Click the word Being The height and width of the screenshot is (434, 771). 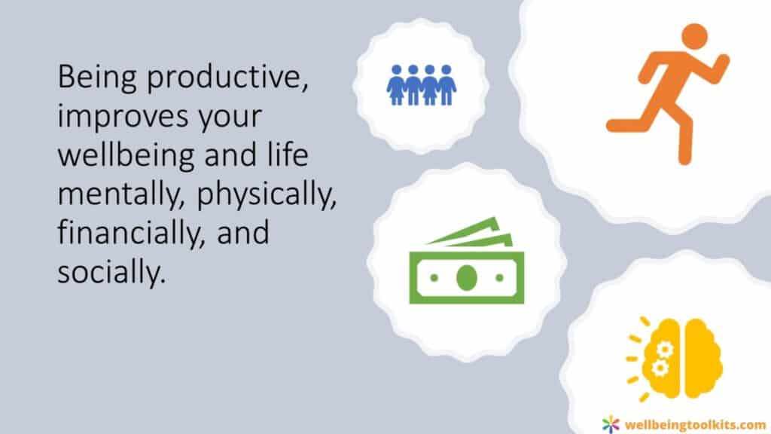click(96, 78)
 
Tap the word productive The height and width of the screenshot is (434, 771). click(227, 78)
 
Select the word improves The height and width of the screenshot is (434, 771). click(123, 117)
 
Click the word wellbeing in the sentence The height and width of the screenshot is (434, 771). click(126, 155)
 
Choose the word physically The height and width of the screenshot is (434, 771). click(267, 194)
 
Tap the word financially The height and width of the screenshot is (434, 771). click(131, 233)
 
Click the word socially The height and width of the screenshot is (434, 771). click(111, 271)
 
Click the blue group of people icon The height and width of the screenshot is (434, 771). click(422, 85)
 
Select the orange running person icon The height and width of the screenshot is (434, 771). click(668, 94)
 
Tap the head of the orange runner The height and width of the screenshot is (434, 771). click(694, 37)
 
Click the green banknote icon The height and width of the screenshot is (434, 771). click(467, 260)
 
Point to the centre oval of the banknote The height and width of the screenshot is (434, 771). click(467, 277)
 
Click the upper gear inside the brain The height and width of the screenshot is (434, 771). click(665, 350)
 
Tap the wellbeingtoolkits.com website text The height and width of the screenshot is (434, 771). click(695, 424)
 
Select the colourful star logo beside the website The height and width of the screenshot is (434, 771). click(611, 423)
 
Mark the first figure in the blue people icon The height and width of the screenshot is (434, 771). click(396, 85)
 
